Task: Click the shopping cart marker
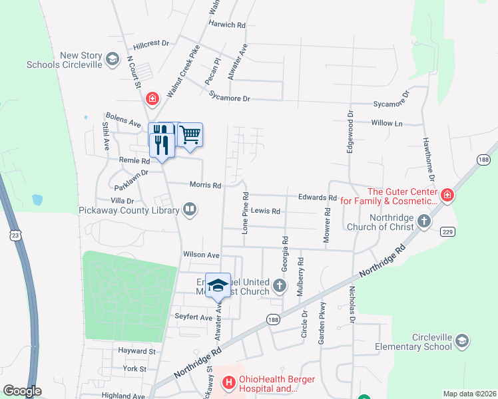190,135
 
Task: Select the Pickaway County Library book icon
190,210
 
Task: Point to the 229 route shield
447,230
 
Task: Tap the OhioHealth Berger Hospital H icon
229,382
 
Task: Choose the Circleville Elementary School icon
461,342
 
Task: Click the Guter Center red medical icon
447,196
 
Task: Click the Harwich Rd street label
226,25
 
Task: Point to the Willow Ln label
387,123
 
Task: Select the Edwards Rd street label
318,198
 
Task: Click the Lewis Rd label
266,211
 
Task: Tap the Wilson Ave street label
201,255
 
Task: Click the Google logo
22,391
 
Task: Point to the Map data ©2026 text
469,394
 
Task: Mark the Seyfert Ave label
192,316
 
